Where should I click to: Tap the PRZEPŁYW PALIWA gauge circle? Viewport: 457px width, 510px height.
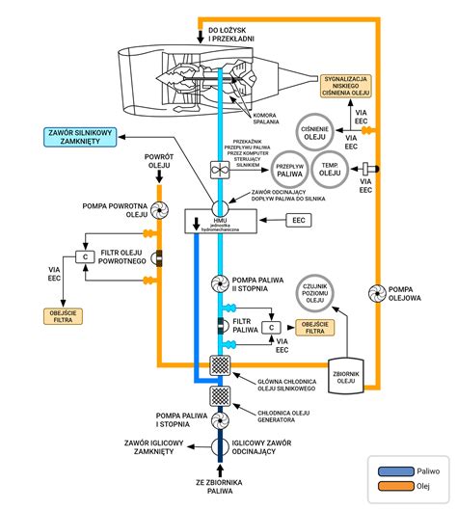pyautogui.click(x=290, y=169)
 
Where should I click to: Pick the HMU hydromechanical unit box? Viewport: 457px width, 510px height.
pyautogui.click(x=221, y=222)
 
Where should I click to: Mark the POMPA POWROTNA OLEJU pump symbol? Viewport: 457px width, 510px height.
pyautogui.click(x=159, y=208)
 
